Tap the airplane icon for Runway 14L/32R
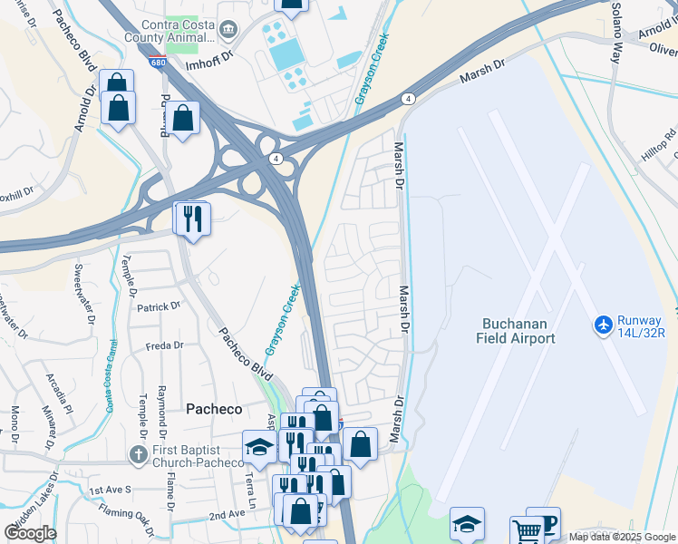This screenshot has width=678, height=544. click(604, 324)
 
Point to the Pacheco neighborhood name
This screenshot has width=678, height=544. click(215, 409)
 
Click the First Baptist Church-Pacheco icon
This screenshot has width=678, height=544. click(138, 454)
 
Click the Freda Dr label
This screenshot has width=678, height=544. click(165, 345)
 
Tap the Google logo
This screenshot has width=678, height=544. click(30, 532)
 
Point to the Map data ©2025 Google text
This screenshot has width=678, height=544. click(621, 537)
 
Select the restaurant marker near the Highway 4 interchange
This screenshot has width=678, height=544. click(192, 219)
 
